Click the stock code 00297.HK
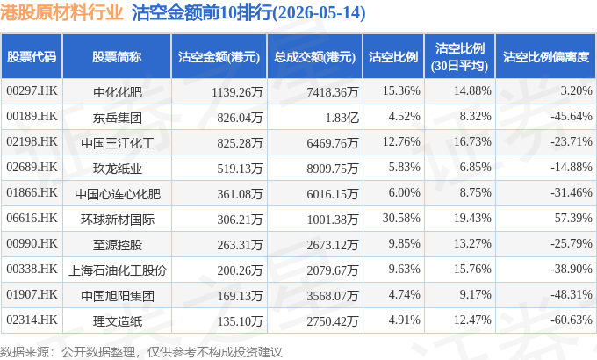(x=32, y=90)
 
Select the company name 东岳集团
(x=118, y=118)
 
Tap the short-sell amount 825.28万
(x=240, y=143)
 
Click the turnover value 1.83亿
(x=342, y=118)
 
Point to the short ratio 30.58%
(x=401, y=218)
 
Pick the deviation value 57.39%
(x=573, y=218)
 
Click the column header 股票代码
(x=32, y=57)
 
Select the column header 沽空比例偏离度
(x=546, y=57)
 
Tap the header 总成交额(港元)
(x=314, y=57)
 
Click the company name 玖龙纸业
(x=118, y=169)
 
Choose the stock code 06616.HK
(x=32, y=218)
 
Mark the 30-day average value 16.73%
(x=472, y=141)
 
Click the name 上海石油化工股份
(x=118, y=270)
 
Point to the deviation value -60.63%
(x=572, y=320)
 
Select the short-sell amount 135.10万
(x=240, y=321)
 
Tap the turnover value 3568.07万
(x=333, y=296)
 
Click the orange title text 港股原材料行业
(x=61, y=12)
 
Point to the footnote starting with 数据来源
(x=141, y=352)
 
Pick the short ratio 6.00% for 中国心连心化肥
(x=405, y=192)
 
